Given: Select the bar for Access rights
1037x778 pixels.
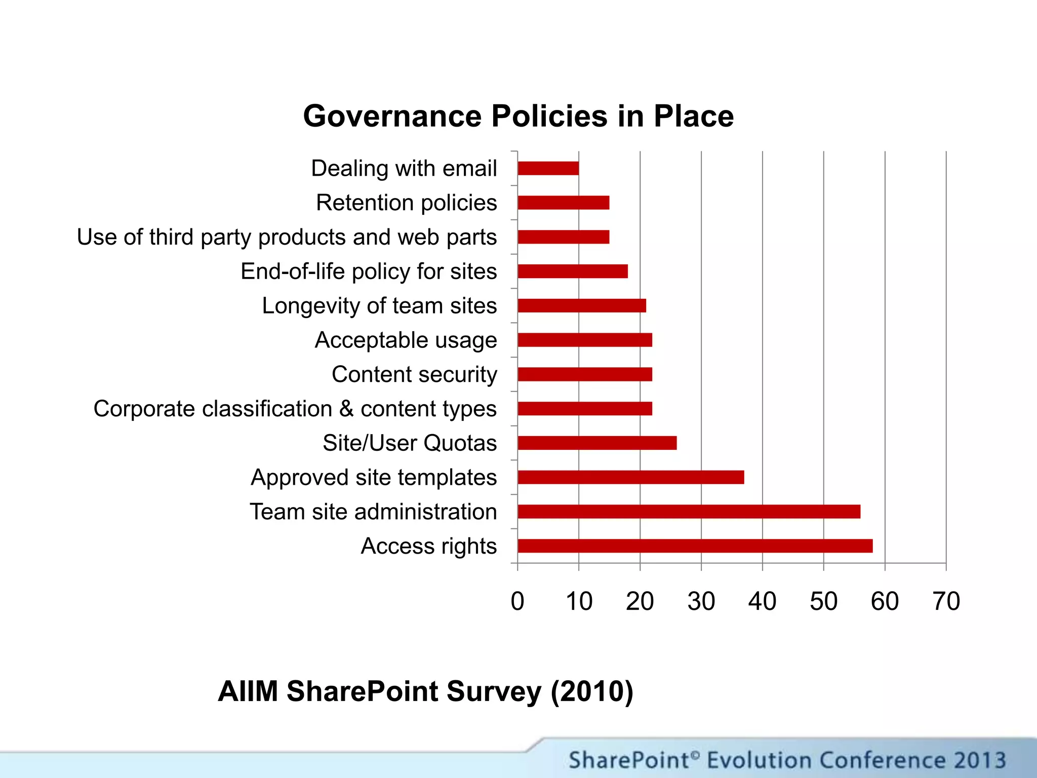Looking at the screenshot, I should pos(695,546).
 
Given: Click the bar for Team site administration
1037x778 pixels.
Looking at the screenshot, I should pos(689,512).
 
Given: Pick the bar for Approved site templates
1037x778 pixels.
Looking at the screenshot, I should pos(630,477).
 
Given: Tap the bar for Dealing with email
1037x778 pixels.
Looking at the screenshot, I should pos(548,168).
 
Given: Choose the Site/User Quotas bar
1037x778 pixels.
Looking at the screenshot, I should pos(597,443).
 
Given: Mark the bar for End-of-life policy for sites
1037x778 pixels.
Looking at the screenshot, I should pos(573,271).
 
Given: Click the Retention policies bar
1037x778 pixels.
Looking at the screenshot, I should pos(563,203).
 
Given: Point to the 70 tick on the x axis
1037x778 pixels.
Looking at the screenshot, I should pos(946,602).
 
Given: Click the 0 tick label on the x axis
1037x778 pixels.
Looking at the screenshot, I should pos(517,602).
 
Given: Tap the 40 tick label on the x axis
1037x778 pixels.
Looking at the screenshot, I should pos(762,602).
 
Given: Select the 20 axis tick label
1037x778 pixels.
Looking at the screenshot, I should pos(640,602).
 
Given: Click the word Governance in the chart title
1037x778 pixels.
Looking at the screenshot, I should pos(392,116).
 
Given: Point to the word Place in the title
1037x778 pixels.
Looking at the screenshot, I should pos(693,116).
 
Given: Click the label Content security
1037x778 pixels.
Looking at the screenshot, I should pos(414,375).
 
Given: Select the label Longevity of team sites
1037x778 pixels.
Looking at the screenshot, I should pos(379,306).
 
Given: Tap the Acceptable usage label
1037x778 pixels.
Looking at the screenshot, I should pos(406,340).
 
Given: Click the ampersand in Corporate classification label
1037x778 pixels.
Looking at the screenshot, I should pos(346,408).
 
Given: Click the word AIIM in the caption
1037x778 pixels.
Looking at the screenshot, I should pos(248,691).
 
